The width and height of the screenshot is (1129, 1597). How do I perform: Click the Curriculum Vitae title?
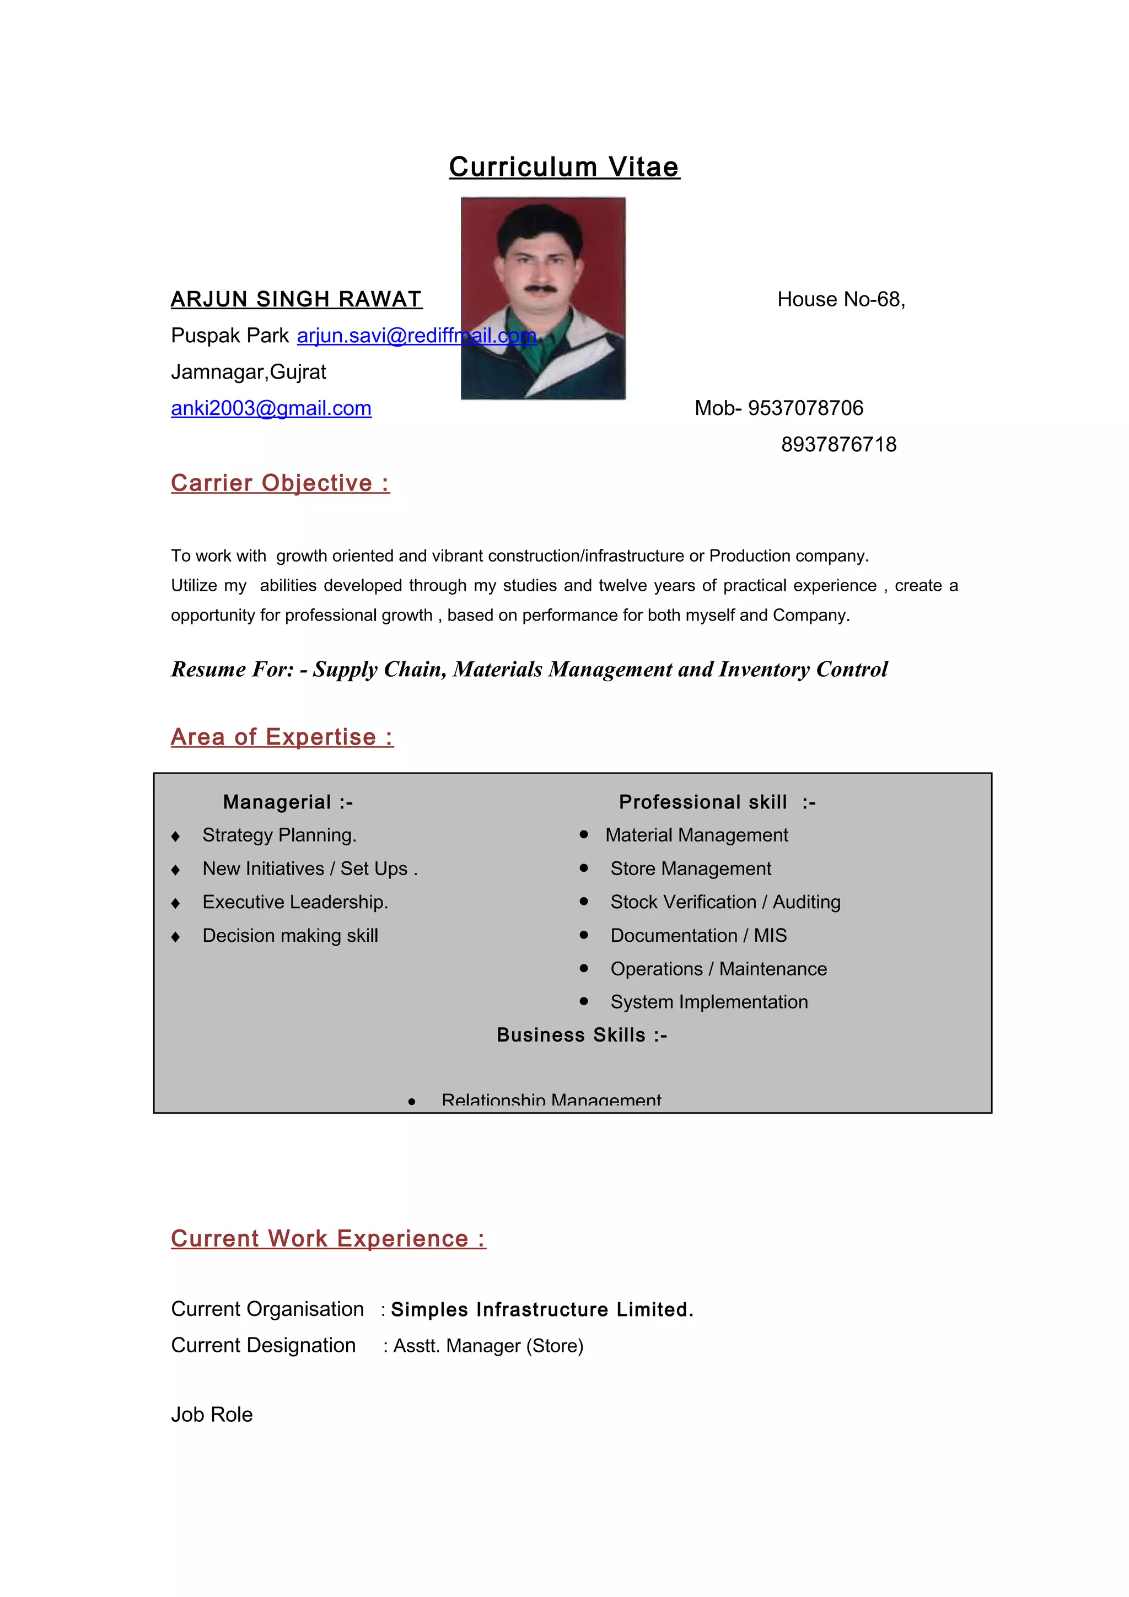563,167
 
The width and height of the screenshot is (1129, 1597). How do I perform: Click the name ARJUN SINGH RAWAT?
297,299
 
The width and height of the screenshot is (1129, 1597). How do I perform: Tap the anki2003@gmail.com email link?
271,408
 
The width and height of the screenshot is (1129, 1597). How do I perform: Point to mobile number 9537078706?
805,408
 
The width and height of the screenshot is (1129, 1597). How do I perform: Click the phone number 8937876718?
838,445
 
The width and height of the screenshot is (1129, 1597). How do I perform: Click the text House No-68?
840,300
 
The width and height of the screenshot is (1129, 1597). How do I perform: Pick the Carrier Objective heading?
281,483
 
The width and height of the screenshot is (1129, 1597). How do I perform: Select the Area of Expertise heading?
282,737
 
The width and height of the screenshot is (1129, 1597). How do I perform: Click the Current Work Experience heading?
329,1238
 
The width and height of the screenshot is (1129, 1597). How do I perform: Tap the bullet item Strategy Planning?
279,835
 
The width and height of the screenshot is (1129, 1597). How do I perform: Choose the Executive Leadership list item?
295,902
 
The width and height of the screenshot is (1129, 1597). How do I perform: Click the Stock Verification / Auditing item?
725,902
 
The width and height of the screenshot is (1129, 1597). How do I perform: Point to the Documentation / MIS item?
698,936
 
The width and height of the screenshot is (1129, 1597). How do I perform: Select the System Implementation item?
709,1002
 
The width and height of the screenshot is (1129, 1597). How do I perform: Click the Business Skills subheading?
582,1035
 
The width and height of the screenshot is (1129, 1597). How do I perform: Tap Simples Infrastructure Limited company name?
542,1310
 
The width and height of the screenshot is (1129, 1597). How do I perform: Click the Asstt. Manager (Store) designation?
488,1346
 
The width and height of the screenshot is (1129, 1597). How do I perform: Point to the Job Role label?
212,1415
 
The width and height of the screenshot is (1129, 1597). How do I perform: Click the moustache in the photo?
540,287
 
